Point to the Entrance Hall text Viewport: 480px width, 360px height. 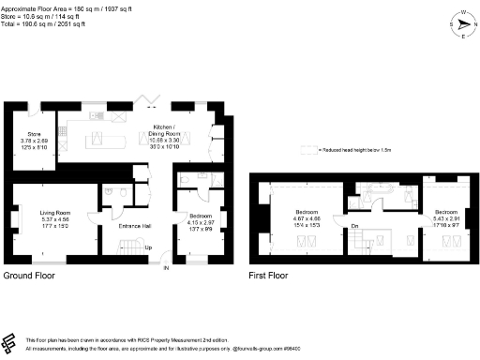[x=136, y=226]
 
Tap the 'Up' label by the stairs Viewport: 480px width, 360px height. [x=147, y=247]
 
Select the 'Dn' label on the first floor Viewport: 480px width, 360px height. [x=355, y=226]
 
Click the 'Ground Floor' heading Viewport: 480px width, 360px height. [x=29, y=277]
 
